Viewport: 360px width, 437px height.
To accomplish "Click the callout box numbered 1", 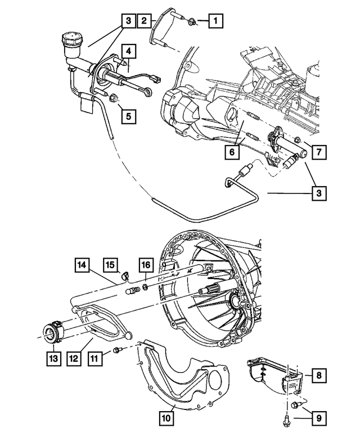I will (x=214, y=22).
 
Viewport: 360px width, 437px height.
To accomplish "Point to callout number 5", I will (x=129, y=116).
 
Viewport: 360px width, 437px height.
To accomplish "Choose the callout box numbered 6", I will (x=230, y=151).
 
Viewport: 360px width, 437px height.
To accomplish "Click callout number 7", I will (x=318, y=151).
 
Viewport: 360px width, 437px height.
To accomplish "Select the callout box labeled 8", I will (x=318, y=375).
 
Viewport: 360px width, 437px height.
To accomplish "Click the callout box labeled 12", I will (x=75, y=358).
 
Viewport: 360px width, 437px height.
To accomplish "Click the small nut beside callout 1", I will (x=192, y=22).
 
